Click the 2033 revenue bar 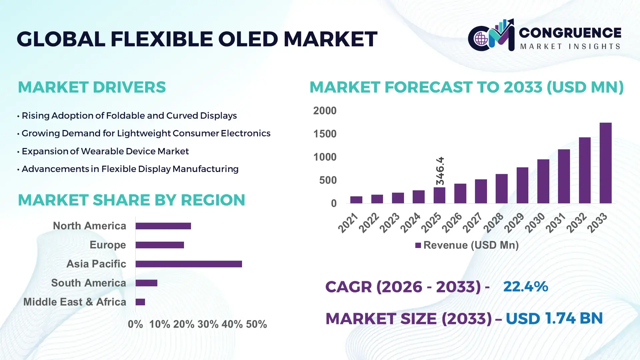pos(605,163)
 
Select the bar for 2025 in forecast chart pos(439,195)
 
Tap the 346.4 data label pos(440,171)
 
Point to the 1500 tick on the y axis pos(325,134)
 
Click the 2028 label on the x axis pos(494,223)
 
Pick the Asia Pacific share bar pos(189,264)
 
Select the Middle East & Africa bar pos(140,302)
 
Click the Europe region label pos(108,245)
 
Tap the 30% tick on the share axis pos(208,324)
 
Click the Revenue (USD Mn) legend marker pos(418,245)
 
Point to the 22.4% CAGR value pos(525,287)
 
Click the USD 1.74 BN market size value pos(554,318)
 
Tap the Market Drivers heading pos(92,87)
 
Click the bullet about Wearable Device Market pos(105,151)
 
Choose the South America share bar pos(146,283)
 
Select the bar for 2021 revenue pos(356,200)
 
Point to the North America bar pos(163,226)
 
